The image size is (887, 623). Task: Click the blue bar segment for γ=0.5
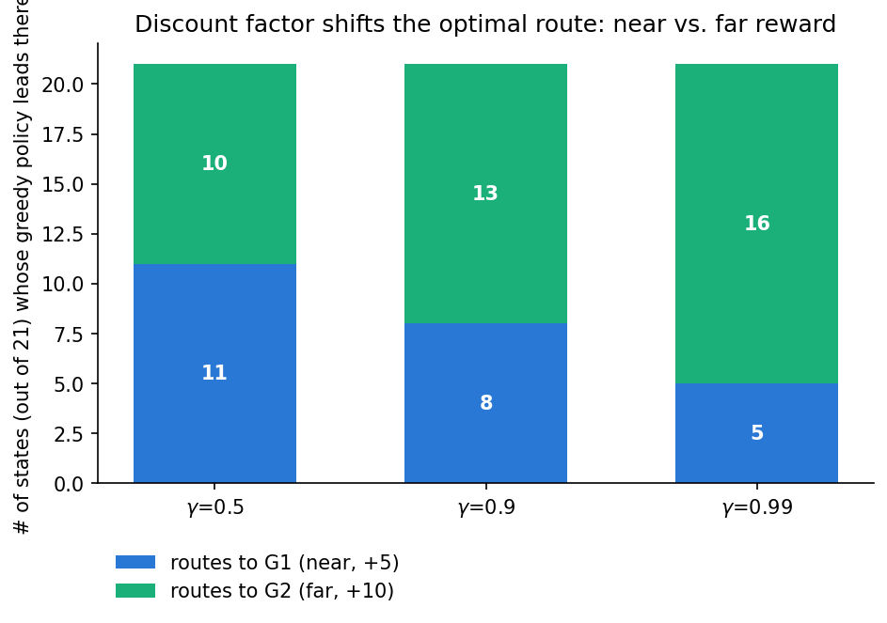(214, 373)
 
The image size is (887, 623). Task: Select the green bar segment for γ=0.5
(214, 164)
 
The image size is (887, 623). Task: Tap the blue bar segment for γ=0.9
(485, 403)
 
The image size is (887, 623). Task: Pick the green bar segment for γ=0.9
(485, 194)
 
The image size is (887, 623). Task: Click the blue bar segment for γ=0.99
(756, 433)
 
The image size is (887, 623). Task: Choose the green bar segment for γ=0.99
(756, 224)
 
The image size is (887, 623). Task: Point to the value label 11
(214, 372)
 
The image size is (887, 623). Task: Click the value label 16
(757, 224)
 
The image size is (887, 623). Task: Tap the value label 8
(486, 402)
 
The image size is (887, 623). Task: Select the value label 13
(485, 194)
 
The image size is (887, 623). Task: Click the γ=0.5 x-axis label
(215, 507)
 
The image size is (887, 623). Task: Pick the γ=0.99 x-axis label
(757, 507)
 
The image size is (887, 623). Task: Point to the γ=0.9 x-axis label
(486, 507)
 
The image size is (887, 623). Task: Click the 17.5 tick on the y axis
(62, 134)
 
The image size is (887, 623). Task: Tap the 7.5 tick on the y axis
(69, 335)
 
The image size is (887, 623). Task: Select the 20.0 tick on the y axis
(62, 85)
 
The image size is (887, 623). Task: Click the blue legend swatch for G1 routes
(135, 562)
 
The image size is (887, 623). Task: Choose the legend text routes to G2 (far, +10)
(281, 591)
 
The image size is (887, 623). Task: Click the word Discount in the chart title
(175, 24)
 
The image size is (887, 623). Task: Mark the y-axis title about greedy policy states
(22, 266)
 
